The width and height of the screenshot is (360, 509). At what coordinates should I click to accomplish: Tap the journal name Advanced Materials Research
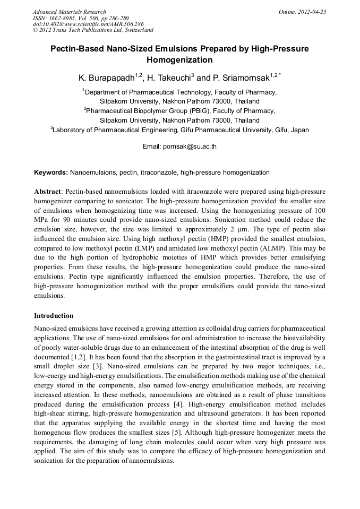69,11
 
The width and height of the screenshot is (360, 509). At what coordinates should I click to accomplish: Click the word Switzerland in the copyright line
136,30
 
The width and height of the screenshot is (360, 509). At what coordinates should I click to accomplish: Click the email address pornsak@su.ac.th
193,145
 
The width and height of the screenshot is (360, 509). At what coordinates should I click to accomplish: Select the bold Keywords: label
51,172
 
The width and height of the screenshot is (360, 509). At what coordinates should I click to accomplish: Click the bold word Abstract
47,191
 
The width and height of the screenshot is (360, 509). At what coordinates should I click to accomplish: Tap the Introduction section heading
54,315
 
